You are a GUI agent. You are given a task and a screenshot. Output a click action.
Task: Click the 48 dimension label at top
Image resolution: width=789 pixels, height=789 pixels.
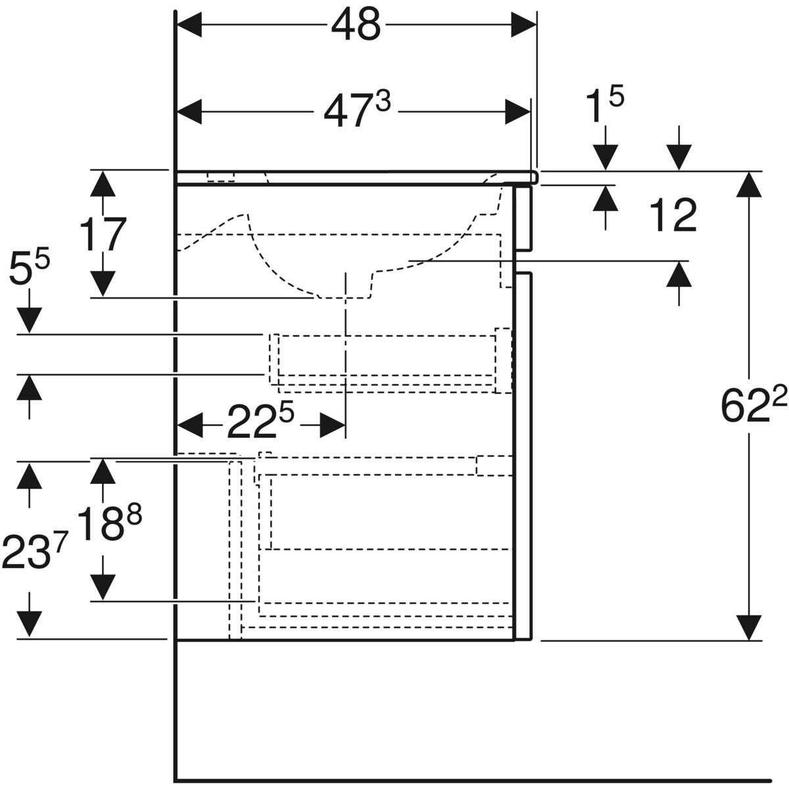click(356, 25)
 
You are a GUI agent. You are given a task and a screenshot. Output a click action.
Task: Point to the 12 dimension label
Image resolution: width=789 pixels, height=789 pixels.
click(673, 216)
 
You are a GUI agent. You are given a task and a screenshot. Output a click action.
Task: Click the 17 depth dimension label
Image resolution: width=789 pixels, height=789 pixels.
click(103, 234)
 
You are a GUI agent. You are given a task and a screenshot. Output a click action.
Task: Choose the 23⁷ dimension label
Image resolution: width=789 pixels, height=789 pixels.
click(33, 552)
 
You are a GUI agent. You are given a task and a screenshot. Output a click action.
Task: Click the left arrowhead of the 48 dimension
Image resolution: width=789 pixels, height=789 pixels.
click(189, 24)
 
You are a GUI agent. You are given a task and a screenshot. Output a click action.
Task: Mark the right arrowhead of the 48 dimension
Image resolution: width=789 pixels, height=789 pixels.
click(523, 24)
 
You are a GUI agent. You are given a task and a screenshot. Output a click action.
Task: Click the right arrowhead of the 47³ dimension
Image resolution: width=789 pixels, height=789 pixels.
click(517, 112)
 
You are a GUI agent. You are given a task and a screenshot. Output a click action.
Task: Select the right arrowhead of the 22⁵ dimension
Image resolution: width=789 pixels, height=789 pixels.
click(332, 425)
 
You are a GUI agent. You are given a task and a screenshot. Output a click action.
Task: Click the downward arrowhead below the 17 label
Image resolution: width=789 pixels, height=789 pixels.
click(103, 284)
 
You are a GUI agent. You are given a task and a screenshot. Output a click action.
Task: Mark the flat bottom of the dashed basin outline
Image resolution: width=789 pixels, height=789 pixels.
click(345, 298)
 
